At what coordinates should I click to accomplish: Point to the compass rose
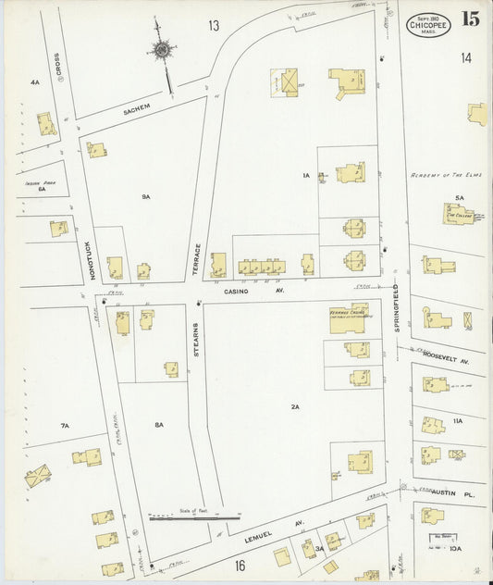click(162, 49)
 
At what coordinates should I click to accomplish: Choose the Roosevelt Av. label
click(447, 355)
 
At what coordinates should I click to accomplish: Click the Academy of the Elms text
click(446, 175)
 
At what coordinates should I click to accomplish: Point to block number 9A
click(146, 197)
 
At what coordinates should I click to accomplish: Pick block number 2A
click(295, 406)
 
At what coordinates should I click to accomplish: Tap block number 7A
click(65, 426)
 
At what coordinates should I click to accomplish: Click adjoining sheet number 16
click(240, 566)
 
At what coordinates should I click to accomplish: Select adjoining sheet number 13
click(214, 25)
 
